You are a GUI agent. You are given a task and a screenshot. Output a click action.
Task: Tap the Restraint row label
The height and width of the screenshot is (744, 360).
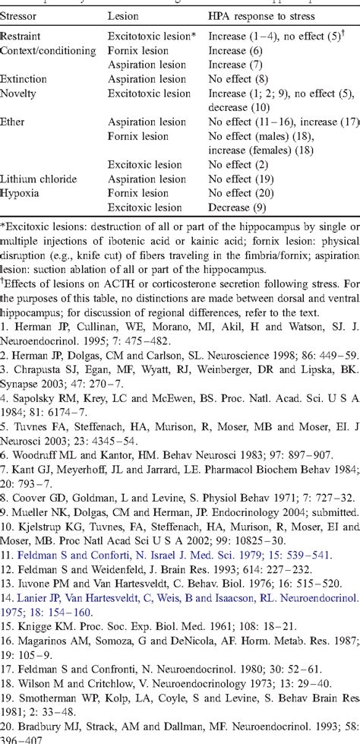21,36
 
